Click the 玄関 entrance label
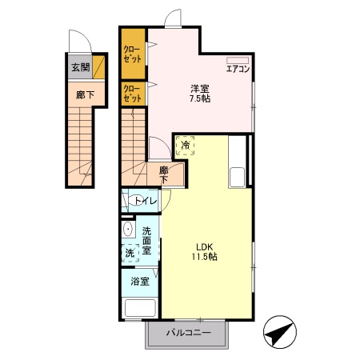coord(80,67)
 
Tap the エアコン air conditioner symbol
coord(238,60)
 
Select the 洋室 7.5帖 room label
coord(200,94)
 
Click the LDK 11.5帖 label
coord(204,251)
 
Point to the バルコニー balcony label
coord(189,333)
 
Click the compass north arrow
coord(280,332)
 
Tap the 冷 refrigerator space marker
coord(185,146)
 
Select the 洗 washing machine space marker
coord(130,253)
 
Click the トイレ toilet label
coord(146,201)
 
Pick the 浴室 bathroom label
coord(140,282)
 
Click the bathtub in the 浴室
coord(140,308)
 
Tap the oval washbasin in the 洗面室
coord(128,229)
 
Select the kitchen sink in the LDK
coord(237,177)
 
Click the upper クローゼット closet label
coord(132,54)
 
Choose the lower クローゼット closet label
coord(132,94)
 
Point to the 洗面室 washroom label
coord(146,241)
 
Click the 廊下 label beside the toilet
coord(163,175)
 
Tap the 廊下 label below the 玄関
coord(85,94)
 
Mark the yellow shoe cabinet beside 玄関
coord(98,66)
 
